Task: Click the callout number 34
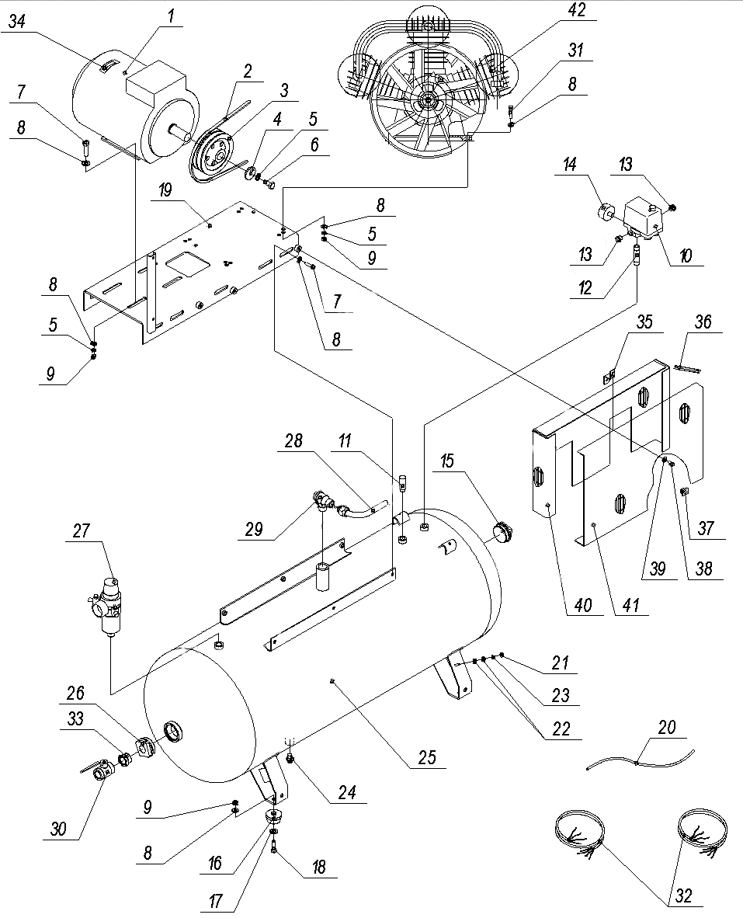[x=17, y=22]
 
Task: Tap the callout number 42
[x=577, y=10]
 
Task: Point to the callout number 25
[x=425, y=755]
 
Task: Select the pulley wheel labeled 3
[x=215, y=151]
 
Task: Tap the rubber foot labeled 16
[x=274, y=818]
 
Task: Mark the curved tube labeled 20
[x=637, y=762]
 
